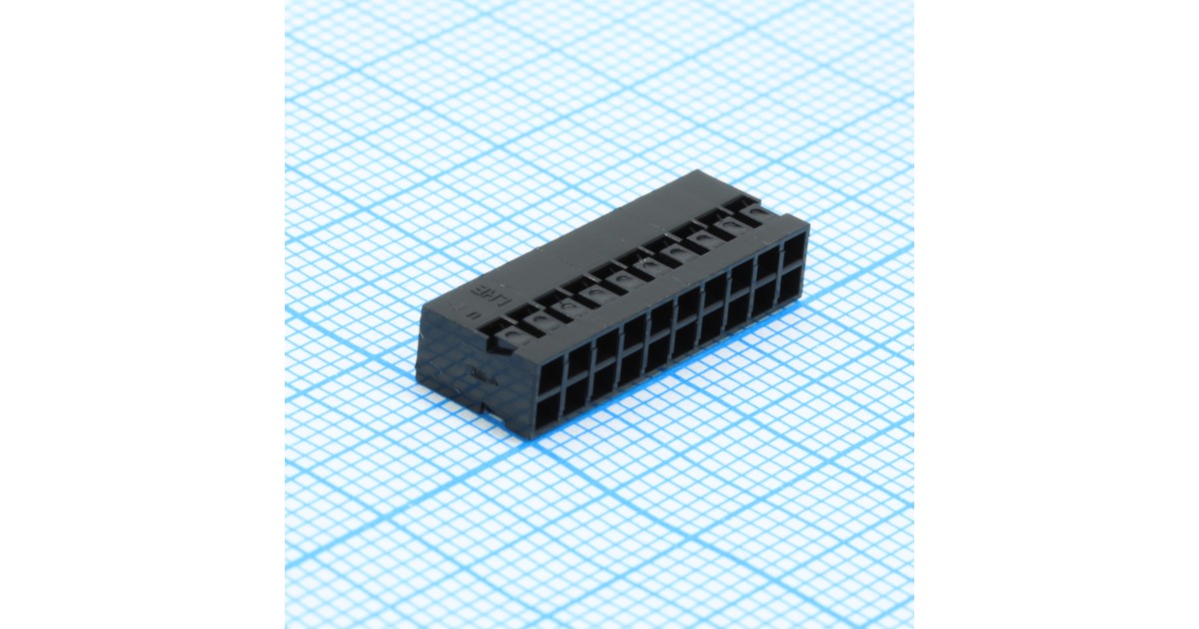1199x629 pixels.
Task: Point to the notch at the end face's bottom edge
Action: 486,406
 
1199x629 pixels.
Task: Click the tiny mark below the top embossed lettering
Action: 471,312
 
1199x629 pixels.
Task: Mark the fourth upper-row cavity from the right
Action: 714,290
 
